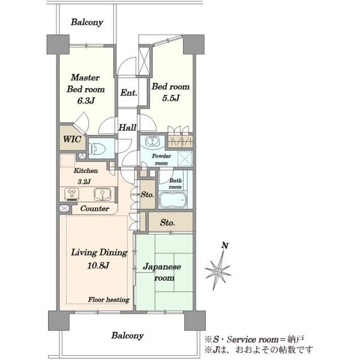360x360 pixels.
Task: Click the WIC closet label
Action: click(72, 139)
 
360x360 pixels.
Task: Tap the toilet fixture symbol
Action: click(98, 149)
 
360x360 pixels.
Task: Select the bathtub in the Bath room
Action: click(173, 200)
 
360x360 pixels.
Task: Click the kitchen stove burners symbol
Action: click(72, 193)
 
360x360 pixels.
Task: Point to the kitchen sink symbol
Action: click(103, 194)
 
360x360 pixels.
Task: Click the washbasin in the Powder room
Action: click(152, 141)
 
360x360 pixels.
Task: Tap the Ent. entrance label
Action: click(129, 93)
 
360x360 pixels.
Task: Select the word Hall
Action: click(127, 127)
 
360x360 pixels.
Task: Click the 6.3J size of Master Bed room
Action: click(86, 101)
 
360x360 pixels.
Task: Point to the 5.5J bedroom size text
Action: click(170, 98)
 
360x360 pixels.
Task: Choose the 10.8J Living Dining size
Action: click(98, 266)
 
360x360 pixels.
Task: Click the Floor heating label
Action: click(109, 299)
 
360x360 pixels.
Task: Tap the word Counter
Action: click(95, 208)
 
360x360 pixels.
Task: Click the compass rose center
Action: click(217, 272)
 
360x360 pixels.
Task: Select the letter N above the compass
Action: click(225, 245)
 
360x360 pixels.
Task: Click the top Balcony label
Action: click(87, 22)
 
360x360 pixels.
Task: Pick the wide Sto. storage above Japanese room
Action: click(170, 221)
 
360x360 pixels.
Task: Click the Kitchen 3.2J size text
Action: click(84, 182)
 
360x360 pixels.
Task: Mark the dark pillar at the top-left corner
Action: click(58, 44)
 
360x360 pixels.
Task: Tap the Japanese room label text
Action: click(162, 272)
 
